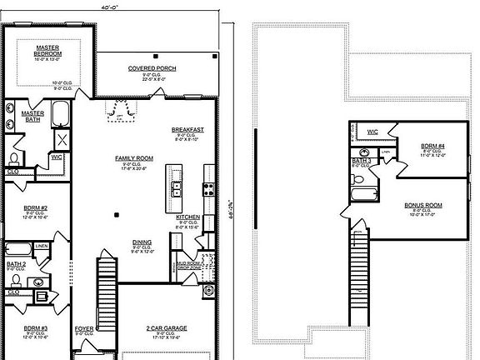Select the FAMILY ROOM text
pyautogui.click(x=134, y=157)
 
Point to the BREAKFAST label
pyautogui.click(x=187, y=129)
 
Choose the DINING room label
pyautogui.click(x=142, y=242)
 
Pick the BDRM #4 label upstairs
pyautogui.click(x=432, y=145)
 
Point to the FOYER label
pyautogui.click(x=84, y=328)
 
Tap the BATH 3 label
pyautogui.click(x=361, y=161)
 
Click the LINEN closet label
pyautogui.click(x=42, y=247)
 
